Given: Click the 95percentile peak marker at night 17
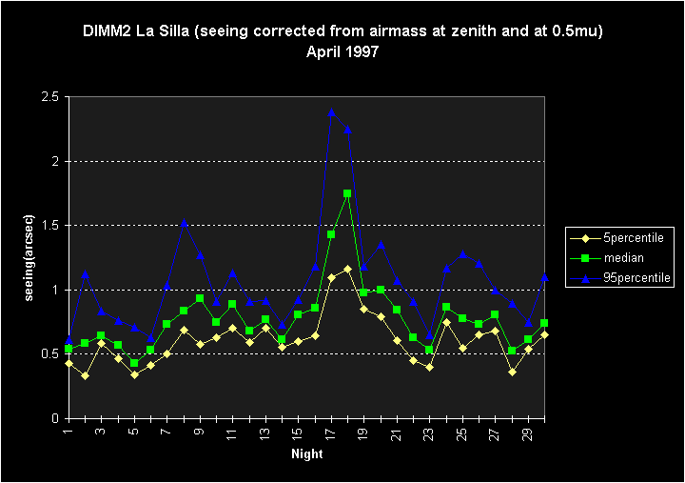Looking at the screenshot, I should [331, 111].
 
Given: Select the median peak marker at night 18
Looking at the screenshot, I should [347, 193].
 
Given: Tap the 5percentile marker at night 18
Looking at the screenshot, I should [347, 269].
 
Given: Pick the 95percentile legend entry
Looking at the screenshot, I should [629, 278].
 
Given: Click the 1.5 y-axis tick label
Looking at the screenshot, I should [49, 226].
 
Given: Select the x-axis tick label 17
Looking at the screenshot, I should [331, 435].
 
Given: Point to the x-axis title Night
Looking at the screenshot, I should [307, 454].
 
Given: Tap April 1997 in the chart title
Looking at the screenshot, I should [342, 51].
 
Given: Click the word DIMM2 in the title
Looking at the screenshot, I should [107, 31].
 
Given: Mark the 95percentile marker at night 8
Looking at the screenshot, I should [183, 223].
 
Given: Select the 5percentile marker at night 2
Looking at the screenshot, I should [85, 375].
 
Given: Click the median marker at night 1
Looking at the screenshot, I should [68, 350].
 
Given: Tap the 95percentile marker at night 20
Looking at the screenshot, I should [381, 245].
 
